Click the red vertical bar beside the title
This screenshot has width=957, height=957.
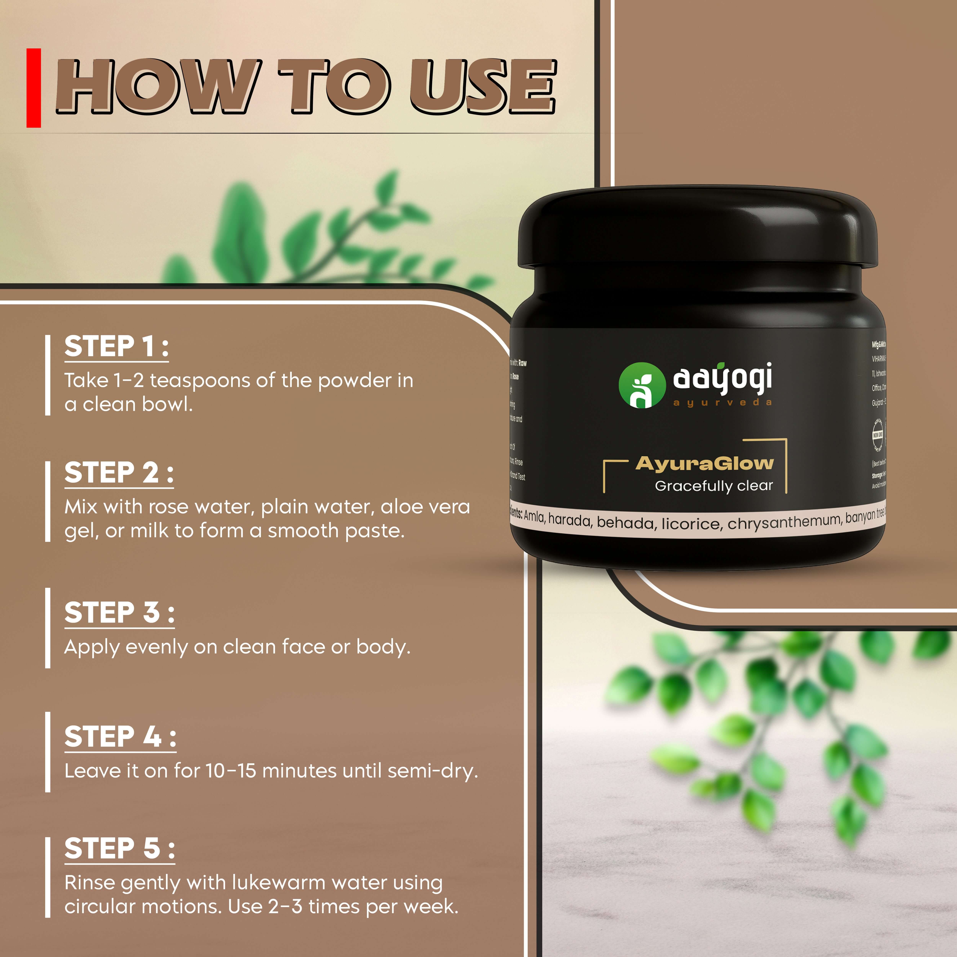pos(34,88)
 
